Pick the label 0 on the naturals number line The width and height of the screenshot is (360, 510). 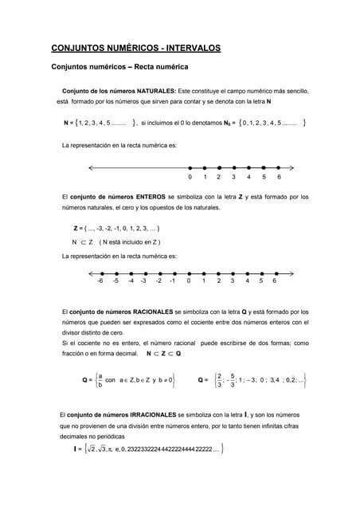(x=190, y=177)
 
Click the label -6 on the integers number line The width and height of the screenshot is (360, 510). (x=100, y=280)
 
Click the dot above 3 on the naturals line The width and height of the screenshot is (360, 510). (x=233, y=167)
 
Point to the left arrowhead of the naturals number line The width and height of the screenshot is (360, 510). (x=92, y=167)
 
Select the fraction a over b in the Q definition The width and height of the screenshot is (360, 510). (x=100, y=380)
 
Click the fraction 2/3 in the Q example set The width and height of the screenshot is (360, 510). (x=219, y=380)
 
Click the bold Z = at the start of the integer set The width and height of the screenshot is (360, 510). (x=79, y=228)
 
